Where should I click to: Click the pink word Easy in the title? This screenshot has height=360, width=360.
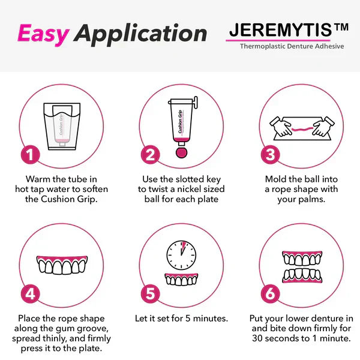[44, 34]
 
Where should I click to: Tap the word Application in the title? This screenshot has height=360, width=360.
[141, 34]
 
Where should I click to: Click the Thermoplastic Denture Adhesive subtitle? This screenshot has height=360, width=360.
[292, 46]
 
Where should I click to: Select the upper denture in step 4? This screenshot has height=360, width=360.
[61, 265]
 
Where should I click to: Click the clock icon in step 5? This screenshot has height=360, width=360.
[181, 254]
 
